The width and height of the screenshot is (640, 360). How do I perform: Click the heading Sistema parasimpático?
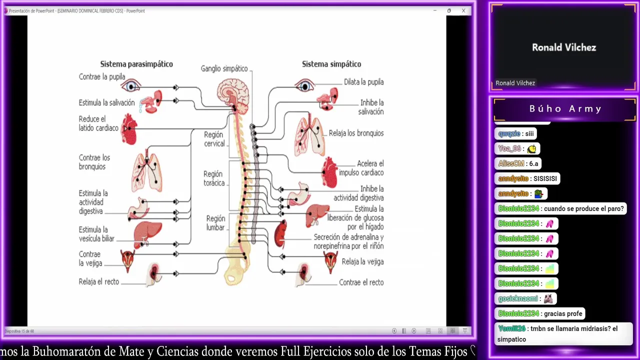[x=136, y=64]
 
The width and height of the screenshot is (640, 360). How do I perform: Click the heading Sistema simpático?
[x=331, y=64]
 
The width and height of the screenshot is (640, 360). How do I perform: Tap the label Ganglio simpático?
[x=224, y=68]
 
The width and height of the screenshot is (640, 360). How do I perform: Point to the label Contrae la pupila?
[x=102, y=77]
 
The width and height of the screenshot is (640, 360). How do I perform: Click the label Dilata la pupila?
[x=363, y=82]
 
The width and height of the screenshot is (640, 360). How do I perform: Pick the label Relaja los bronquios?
[x=356, y=133]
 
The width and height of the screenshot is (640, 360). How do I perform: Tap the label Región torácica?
[x=213, y=178]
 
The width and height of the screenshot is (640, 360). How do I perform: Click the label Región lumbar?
[x=215, y=223]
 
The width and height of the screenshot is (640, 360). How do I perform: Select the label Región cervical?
[x=214, y=139]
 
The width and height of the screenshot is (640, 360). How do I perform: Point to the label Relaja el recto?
[x=99, y=282]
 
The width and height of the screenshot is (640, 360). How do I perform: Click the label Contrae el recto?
[x=361, y=282]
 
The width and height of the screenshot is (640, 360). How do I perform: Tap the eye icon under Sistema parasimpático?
[x=131, y=86]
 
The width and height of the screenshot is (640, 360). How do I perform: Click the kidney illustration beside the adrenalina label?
[x=280, y=233]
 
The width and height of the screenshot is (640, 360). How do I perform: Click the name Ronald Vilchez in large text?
[x=564, y=47]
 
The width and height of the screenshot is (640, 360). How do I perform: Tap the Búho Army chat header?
[x=565, y=109]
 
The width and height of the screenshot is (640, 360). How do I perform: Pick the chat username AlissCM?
[x=511, y=163]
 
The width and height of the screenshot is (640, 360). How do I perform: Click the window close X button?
[x=463, y=10]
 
